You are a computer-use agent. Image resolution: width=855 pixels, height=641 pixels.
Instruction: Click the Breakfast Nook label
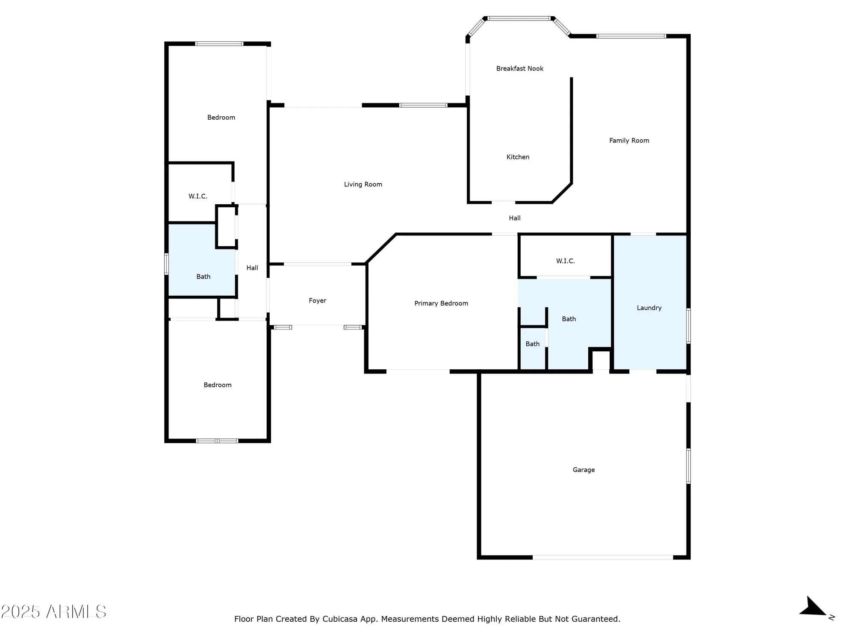(x=519, y=68)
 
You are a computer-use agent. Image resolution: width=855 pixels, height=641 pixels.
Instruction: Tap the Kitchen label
(x=518, y=157)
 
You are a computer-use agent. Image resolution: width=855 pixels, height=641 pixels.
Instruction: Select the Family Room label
(x=629, y=140)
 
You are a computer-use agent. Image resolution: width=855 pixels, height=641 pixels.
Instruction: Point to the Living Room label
(x=363, y=184)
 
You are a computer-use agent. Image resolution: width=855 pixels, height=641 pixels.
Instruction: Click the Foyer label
(x=317, y=300)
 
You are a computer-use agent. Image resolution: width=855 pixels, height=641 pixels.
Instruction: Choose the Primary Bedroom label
(x=441, y=303)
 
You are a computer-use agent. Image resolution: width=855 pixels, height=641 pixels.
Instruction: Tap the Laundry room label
(x=649, y=308)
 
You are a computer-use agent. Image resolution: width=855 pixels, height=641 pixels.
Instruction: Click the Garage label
(x=584, y=470)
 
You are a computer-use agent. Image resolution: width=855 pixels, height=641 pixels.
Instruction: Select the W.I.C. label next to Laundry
(x=565, y=261)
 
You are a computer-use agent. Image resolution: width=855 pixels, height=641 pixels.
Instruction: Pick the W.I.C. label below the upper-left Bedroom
(x=198, y=196)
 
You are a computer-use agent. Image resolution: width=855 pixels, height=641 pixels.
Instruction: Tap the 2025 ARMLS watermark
(x=53, y=612)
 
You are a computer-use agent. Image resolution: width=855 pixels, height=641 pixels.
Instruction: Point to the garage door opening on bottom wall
(x=603, y=557)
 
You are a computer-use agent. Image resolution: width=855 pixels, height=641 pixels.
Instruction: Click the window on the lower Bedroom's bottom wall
(x=217, y=441)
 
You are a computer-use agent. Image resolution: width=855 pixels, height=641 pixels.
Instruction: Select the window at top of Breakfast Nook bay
(x=519, y=18)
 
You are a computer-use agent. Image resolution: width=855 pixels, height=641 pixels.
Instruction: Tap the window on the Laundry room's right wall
(x=688, y=326)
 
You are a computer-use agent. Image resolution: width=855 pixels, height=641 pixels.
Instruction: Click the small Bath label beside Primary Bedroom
(x=532, y=344)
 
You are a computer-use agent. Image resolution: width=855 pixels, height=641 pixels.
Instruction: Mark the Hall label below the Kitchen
(x=514, y=218)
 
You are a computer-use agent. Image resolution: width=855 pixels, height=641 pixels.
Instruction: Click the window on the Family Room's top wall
(x=631, y=36)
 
